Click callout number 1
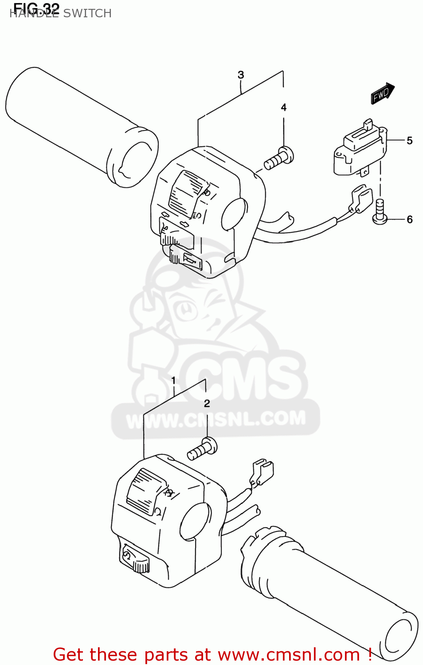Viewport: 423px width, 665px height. coord(173,380)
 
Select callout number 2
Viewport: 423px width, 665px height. coord(207,403)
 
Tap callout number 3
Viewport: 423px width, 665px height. coord(241,75)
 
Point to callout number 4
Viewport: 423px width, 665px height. coord(284,107)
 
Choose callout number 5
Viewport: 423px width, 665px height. coord(409,141)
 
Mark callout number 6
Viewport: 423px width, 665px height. coord(409,219)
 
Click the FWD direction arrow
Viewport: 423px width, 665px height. coord(382,94)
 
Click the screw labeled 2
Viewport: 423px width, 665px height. coord(203,449)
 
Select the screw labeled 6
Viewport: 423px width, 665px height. coord(380,211)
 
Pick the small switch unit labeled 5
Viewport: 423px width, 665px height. coord(359,149)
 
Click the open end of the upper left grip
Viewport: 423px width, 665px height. coord(134,159)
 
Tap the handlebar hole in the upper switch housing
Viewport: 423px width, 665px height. coord(234,214)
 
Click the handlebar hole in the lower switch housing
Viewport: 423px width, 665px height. coord(195,521)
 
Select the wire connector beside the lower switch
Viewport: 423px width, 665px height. coord(262,472)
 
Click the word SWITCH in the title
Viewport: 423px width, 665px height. coord(87,13)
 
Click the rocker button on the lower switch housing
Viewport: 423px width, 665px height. coord(145,489)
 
